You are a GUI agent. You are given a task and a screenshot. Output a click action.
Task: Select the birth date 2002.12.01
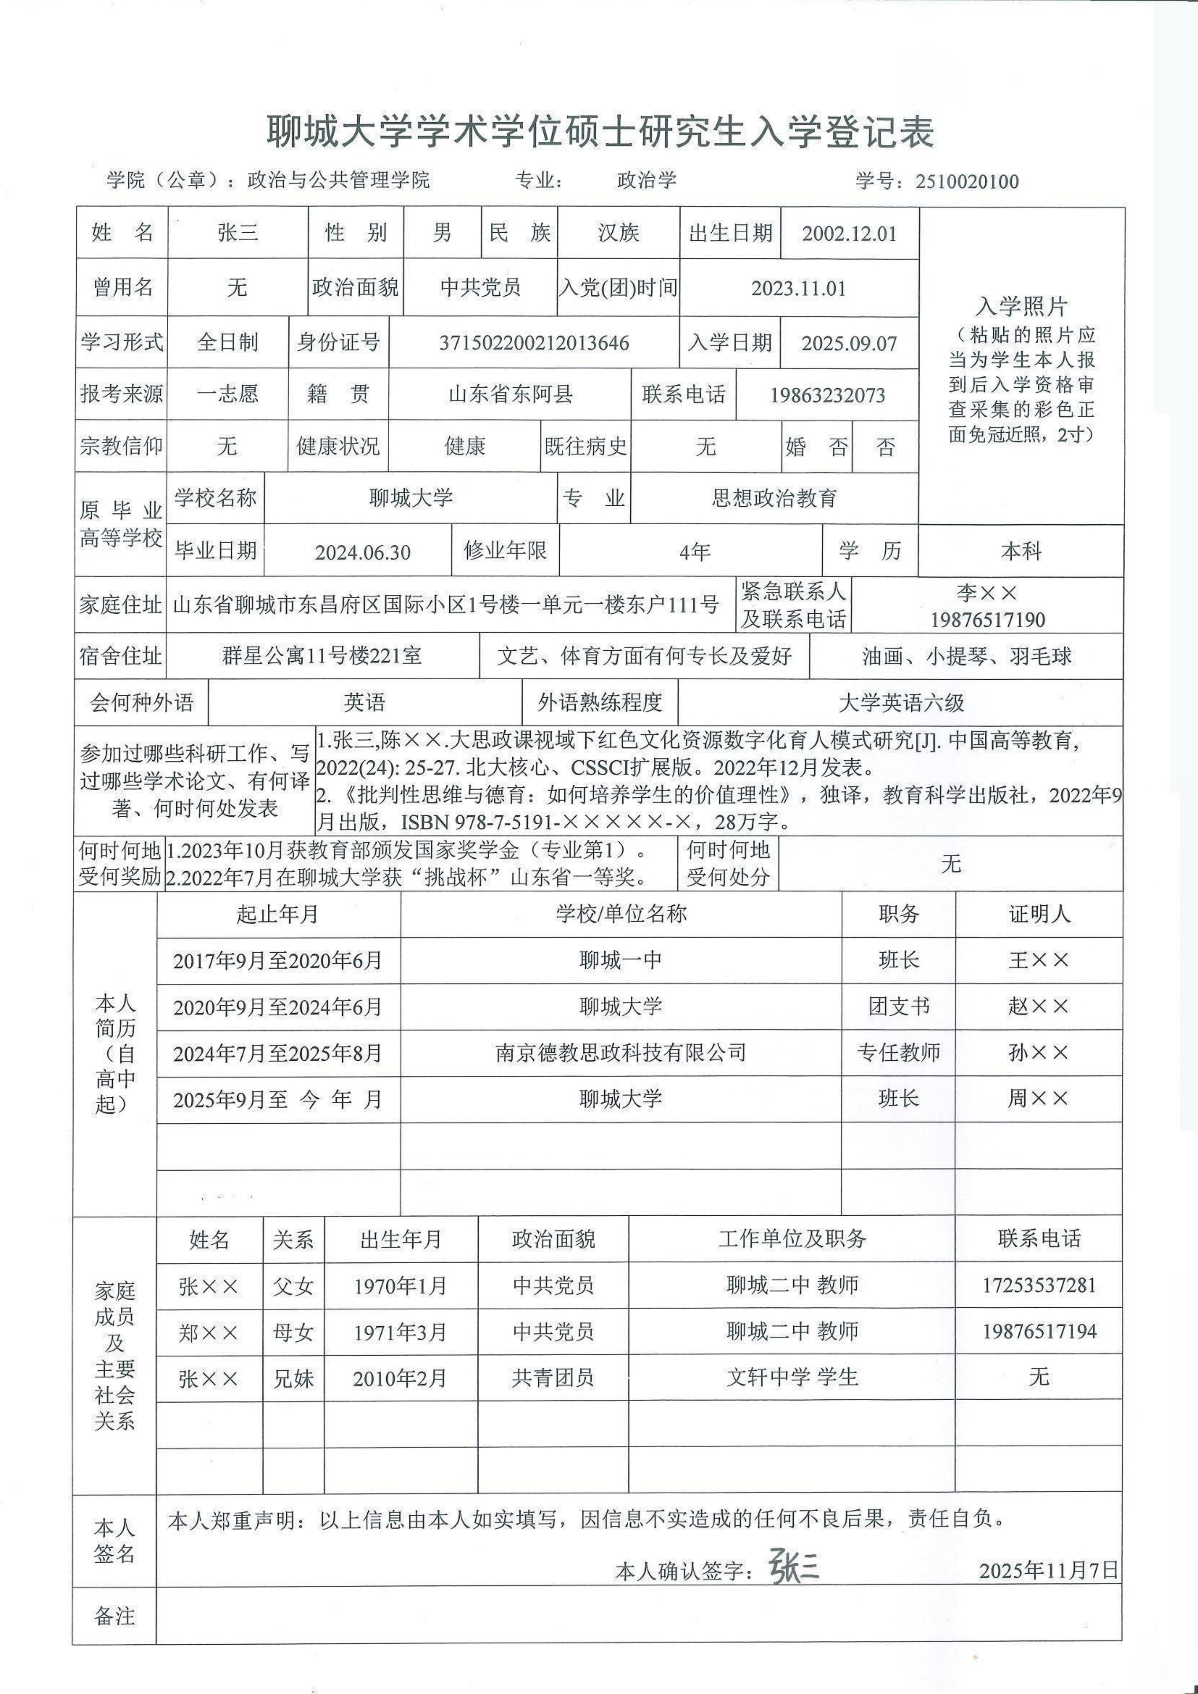click(x=849, y=234)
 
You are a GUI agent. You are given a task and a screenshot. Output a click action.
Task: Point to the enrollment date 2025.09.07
click(x=849, y=343)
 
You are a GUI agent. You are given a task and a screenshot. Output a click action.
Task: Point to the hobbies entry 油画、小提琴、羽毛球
click(x=966, y=656)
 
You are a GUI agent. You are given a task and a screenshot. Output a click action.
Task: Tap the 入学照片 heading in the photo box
click(x=1022, y=306)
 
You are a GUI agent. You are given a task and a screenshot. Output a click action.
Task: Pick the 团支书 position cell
click(x=898, y=1006)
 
